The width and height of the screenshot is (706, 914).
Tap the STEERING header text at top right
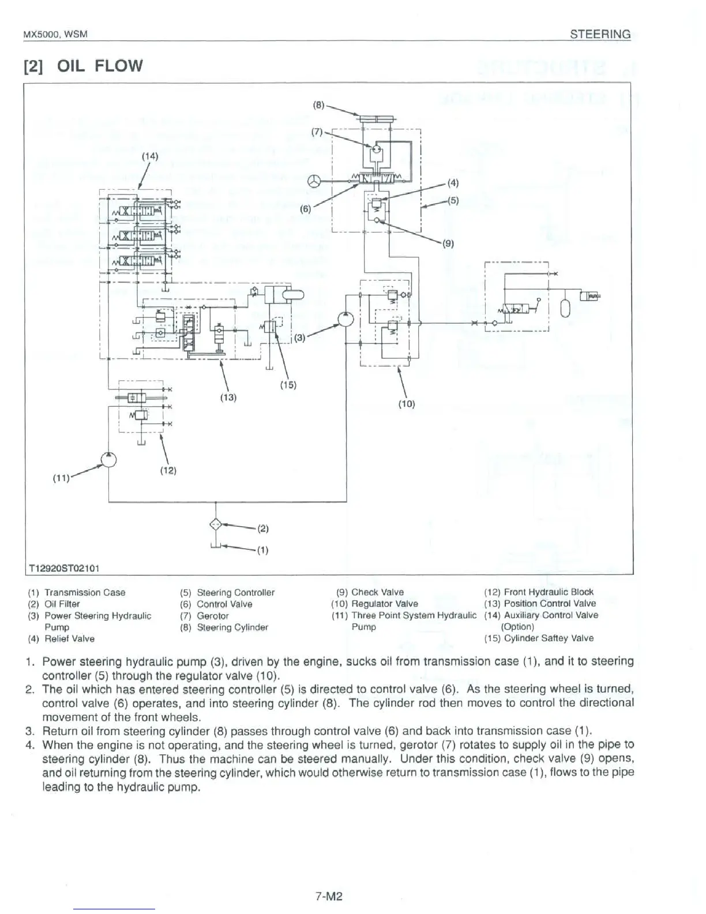pos(600,34)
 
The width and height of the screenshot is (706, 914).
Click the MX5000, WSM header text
pos(55,35)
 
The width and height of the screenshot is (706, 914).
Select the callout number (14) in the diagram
pos(149,156)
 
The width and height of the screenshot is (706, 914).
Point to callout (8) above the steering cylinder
pos(319,106)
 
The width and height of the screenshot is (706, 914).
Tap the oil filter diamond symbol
pos(215,524)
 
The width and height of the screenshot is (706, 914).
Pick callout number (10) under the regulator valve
pos(406,404)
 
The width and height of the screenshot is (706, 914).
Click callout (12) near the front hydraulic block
pos(167,470)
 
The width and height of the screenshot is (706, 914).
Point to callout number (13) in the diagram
pos(228,397)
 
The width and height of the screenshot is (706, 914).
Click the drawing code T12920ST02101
pos(65,568)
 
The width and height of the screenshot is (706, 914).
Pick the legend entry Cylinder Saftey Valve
pos(548,638)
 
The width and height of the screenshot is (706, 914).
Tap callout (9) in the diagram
pos(449,243)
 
